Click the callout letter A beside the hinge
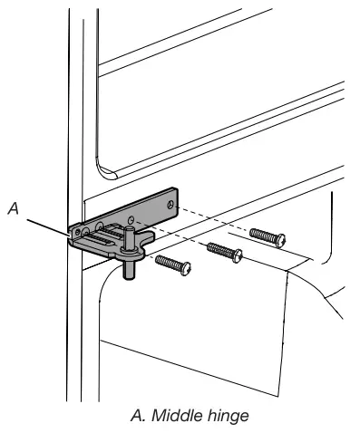[x=13, y=208]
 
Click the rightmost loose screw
[x=267, y=237]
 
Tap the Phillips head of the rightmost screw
[x=279, y=241]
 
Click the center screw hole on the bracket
[x=131, y=219]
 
